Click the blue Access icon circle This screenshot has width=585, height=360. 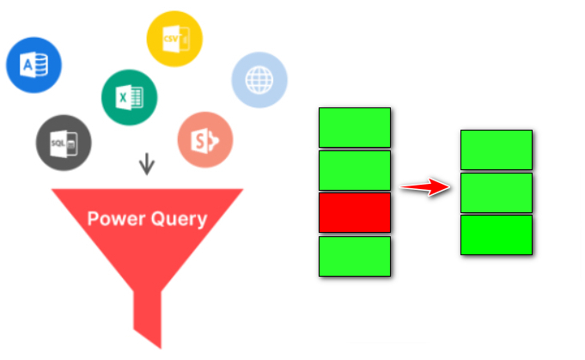tap(34, 64)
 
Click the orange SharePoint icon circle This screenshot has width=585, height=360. tap(205, 140)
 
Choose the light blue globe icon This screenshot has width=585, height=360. tap(259, 81)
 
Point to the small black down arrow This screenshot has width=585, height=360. tap(147, 163)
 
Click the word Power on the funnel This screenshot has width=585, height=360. tap(117, 218)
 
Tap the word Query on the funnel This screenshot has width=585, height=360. tap(178, 219)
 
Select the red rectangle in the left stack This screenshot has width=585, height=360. tap(355, 212)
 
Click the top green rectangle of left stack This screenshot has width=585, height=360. tap(355, 127)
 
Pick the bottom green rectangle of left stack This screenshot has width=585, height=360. tap(355, 255)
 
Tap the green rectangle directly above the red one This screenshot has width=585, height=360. tap(355, 170)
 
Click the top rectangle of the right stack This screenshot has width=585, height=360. tap(497, 149)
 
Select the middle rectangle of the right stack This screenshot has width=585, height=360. tap(497, 192)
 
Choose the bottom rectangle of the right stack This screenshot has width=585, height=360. tap(497, 235)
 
